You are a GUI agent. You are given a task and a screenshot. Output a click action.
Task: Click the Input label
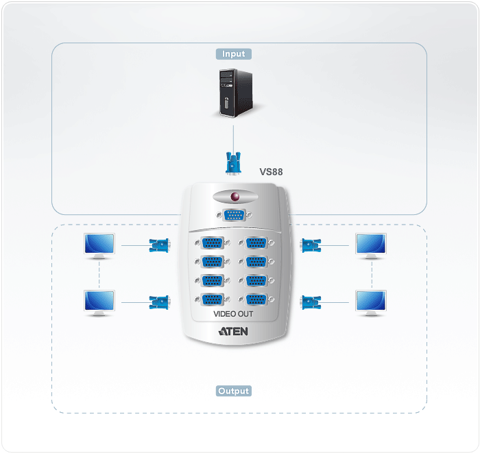coord(234,54)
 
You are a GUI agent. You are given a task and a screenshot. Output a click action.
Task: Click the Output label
coord(234,391)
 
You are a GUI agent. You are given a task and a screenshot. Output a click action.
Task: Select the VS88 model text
coord(271,172)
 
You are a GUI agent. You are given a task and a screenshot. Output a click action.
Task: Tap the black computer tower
coord(236,93)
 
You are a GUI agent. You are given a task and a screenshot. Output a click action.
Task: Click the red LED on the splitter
coord(235,196)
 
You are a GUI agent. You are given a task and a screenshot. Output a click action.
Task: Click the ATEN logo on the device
coord(233,331)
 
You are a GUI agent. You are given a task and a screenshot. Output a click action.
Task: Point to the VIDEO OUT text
coord(233,314)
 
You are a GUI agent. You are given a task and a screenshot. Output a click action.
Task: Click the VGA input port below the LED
coord(235,215)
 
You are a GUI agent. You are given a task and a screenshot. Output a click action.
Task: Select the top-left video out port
coord(213,242)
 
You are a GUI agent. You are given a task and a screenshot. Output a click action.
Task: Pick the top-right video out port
coord(256,242)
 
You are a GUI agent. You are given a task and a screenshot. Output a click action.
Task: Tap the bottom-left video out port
coord(213,299)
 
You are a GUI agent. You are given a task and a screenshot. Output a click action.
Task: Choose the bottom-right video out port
coord(256,299)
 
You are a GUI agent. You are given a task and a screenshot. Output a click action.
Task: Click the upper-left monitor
coord(99,246)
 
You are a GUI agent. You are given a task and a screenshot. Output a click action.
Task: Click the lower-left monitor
coord(99,303)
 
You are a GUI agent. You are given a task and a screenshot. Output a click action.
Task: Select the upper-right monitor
coord(371,246)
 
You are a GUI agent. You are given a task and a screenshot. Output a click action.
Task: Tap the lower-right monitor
coord(371,303)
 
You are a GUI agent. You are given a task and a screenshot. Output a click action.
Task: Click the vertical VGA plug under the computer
coord(233,163)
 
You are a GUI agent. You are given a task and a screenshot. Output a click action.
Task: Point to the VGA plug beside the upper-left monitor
coord(160,245)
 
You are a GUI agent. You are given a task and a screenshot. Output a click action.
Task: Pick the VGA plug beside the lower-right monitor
coord(311,303)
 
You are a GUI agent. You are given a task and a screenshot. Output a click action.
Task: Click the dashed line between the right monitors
coord(372,275)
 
